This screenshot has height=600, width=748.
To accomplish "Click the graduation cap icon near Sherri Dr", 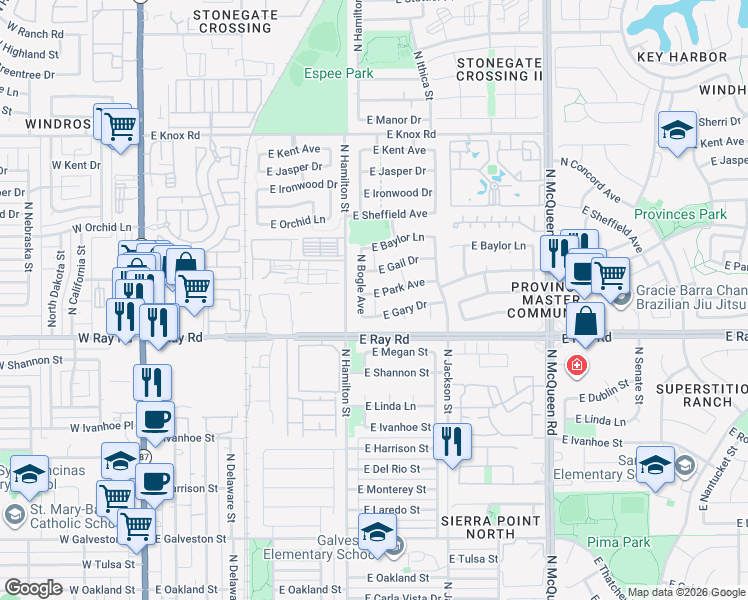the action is tap(677, 130).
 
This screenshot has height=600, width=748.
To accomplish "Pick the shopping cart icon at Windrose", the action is tap(119, 126).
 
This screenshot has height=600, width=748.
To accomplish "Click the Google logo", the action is tap(34, 588).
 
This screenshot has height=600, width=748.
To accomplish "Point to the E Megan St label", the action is tap(396, 352).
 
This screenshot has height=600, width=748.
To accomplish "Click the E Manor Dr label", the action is tap(396, 120).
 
